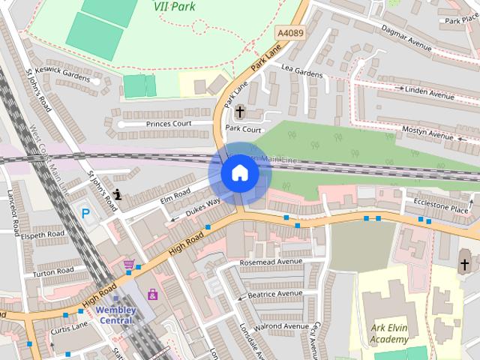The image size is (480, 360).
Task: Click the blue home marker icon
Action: coord(240,173)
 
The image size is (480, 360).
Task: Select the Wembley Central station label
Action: coord(115,315)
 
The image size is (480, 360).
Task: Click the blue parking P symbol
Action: coord(85,214)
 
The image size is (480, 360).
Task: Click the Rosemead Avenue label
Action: coord(271,262)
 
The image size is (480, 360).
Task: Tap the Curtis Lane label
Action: coord(69,327)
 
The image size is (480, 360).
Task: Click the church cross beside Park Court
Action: coord(239,112)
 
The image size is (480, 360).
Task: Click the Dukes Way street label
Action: coord(202,206)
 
